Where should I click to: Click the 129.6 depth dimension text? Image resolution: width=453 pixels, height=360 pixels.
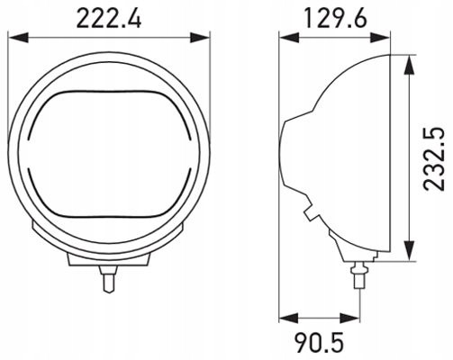[334, 17]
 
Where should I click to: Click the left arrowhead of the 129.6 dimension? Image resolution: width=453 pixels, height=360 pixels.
[284, 37]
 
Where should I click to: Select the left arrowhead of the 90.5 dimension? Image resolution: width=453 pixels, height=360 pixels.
[284, 317]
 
